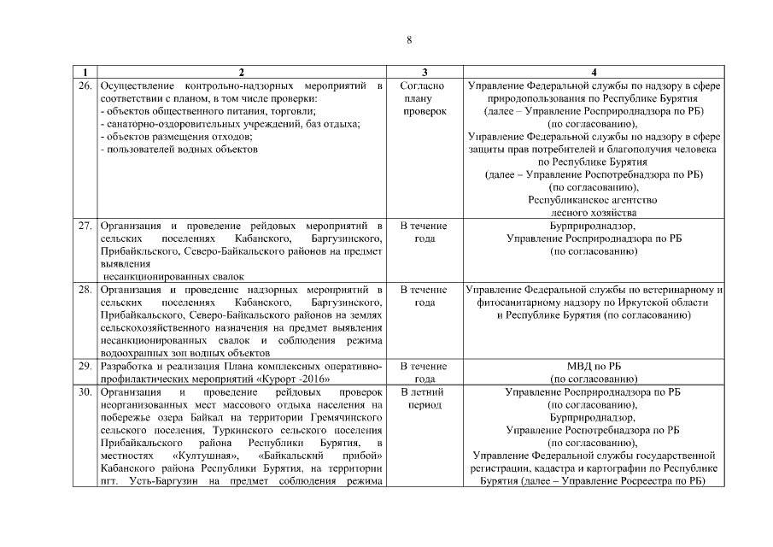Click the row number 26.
click(x=85, y=86)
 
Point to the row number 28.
click(x=85, y=290)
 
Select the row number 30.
click(x=85, y=391)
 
